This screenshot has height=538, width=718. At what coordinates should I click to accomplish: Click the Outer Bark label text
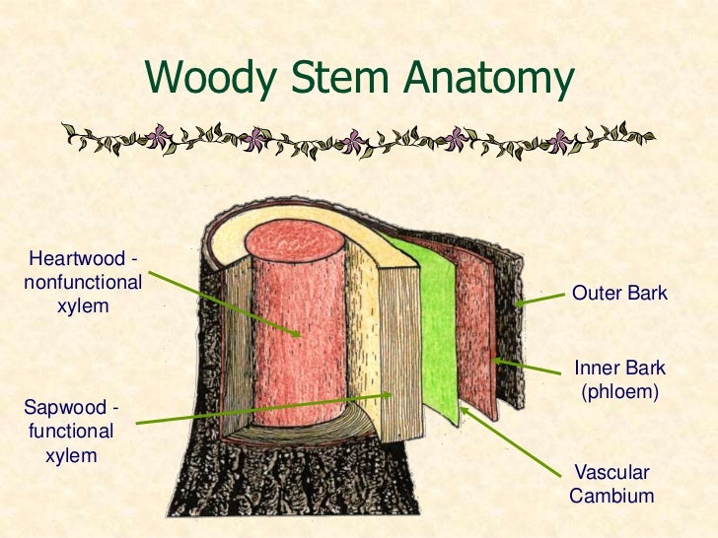point(619,294)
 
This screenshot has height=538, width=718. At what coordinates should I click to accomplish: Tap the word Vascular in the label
point(611,473)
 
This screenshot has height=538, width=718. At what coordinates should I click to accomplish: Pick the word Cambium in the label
point(611,497)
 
